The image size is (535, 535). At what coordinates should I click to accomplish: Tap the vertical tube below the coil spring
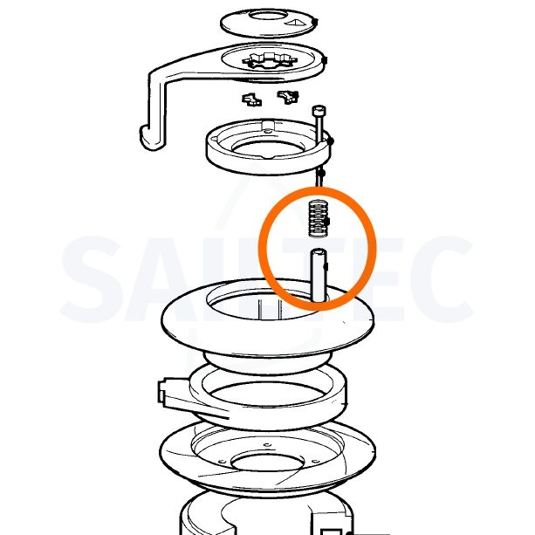pyautogui.click(x=319, y=275)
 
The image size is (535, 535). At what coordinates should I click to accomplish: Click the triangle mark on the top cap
pyautogui.click(x=296, y=23)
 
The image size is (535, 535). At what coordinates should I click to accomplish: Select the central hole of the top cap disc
pyautogui.click(x=267, y=16)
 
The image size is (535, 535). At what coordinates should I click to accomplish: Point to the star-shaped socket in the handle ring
pyautogui.click(x=269, y=61)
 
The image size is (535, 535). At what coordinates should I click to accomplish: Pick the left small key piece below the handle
pyautogui.click(x=252, y=100)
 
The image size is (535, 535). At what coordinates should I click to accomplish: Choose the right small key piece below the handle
pyautogui.click(x=288, y=97)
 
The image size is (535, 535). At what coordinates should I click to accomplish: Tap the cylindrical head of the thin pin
pyautogui.click(x=319, y=111)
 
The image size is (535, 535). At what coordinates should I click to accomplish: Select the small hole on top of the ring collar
pyautogui.click(x=268, y=131)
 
